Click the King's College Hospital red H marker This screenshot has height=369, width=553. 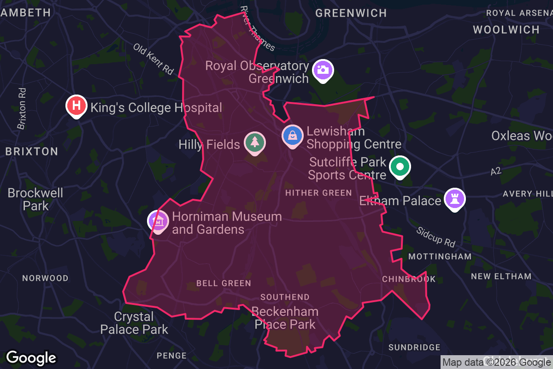[77, 106]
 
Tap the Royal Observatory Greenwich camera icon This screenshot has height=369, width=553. [323, 70]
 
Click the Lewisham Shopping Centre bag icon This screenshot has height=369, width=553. [293, 135]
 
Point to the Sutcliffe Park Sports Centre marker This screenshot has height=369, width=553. [400, 167]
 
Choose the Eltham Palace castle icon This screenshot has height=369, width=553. [454, 199]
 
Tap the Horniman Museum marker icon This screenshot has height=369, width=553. [158, 221]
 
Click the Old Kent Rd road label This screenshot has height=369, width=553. [153, 59]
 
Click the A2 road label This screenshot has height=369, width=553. [495, 172]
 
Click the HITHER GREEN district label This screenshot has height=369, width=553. [318, 193]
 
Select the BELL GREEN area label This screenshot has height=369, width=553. [224, 283]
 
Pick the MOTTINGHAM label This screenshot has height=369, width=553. [440, 256]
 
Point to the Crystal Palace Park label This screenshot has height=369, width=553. [134, 323]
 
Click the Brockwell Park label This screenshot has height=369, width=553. [35, 199]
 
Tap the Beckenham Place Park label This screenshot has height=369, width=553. [285, 318]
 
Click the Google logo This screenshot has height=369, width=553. [31, 357]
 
